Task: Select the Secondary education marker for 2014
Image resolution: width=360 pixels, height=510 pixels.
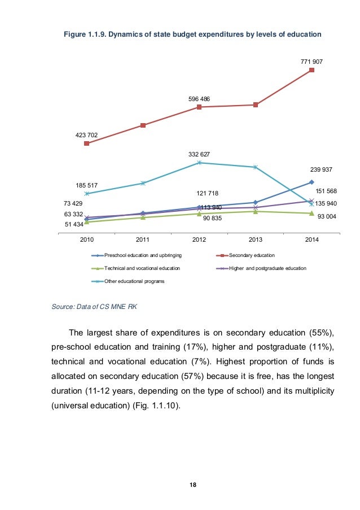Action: (x=311, y=70)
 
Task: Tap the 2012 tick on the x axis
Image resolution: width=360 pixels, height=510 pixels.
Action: (x=199, y=240)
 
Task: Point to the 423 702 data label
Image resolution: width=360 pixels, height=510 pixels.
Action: (x=86, y=135)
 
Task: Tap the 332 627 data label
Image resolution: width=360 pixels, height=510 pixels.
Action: (x=199, y=154)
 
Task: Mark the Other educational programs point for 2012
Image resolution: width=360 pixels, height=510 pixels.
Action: (x=199, y=163)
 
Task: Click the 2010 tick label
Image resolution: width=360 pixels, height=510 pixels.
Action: (x=86, y=240)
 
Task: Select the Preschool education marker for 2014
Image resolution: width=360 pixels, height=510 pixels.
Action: (x=311, y=182)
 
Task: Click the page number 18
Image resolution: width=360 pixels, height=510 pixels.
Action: (x=180, y=485)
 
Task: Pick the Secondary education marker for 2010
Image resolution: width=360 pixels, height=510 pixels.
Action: (x=86, y=143)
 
